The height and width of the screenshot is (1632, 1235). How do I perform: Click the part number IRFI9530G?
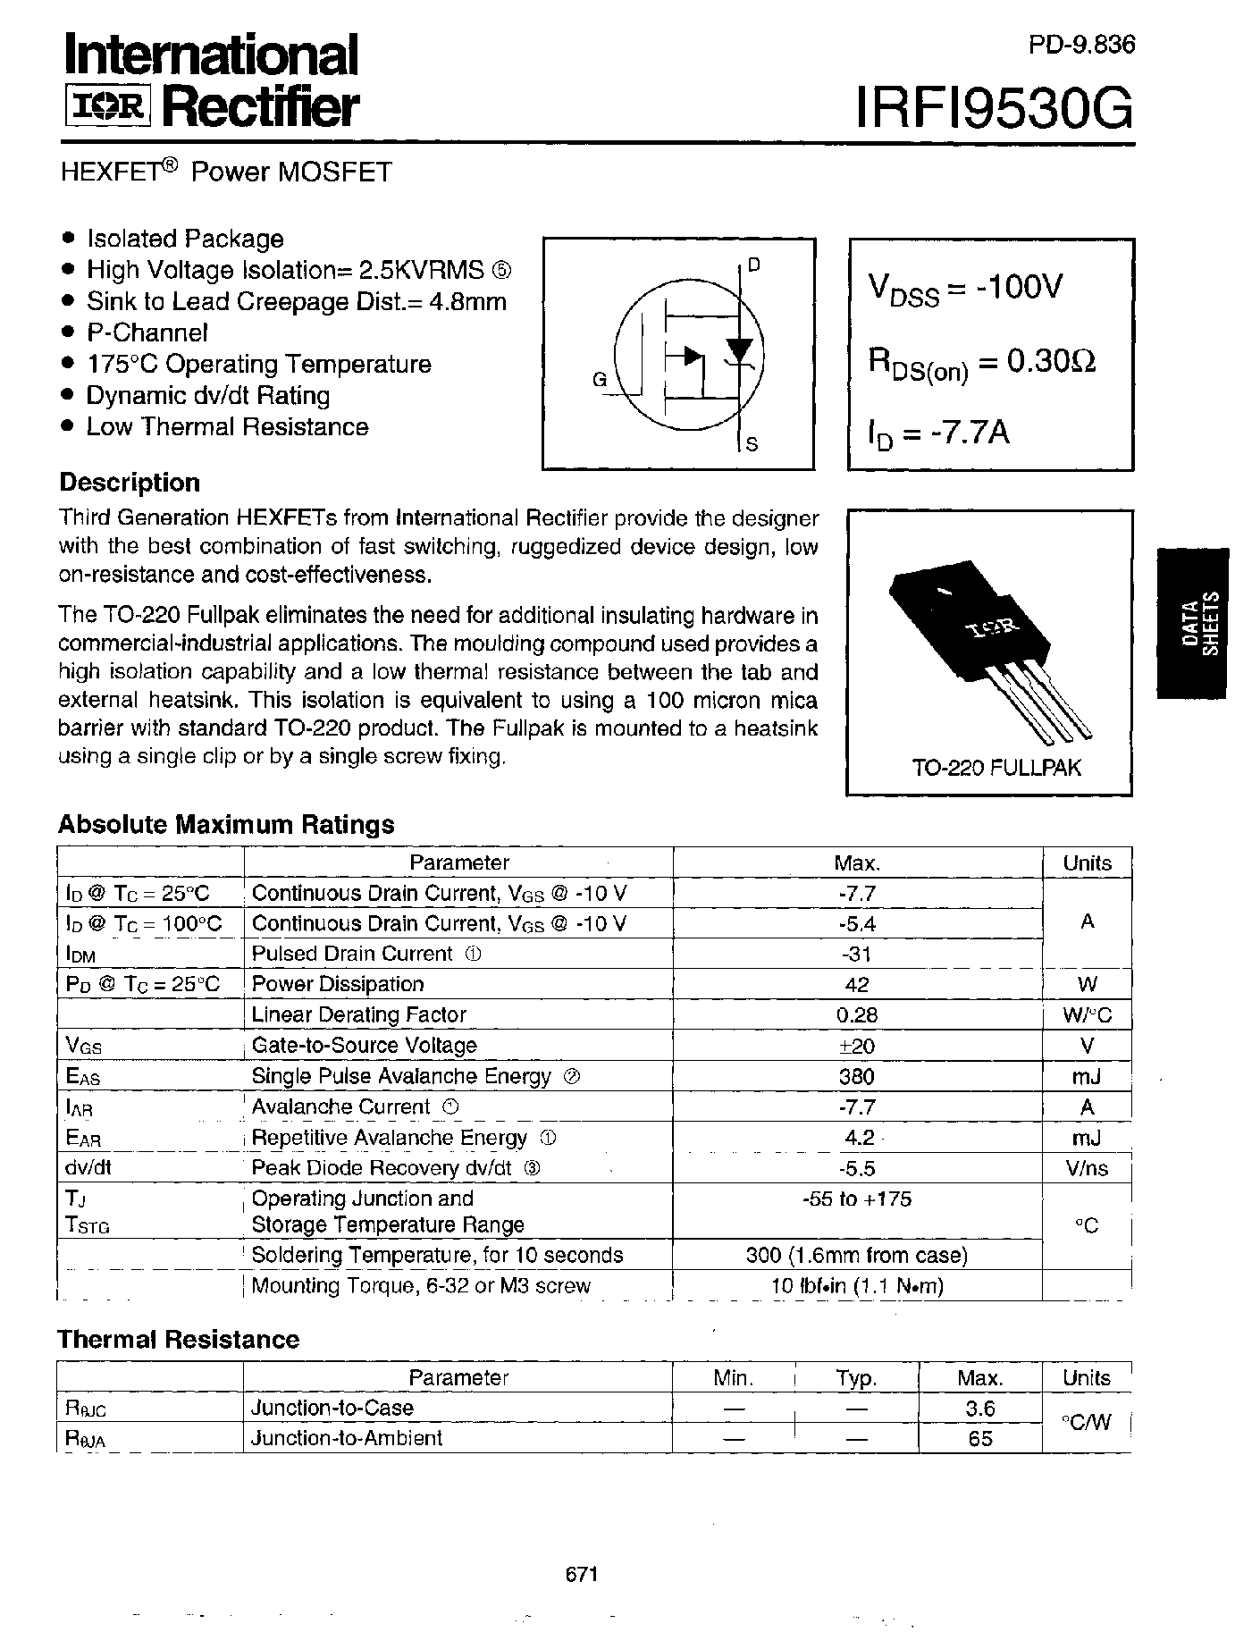coord(994,111)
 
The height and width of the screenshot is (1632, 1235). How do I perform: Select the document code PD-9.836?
coord(1081,45)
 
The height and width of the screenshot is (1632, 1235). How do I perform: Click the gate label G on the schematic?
coord(601,380)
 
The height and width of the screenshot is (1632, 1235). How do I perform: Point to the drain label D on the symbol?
coord(754,265)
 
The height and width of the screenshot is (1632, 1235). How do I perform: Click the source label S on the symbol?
coord(752,444)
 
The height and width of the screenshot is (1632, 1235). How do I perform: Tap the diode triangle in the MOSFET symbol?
coord(738,349)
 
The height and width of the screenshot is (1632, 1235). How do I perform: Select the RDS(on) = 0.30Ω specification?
coord(981,362)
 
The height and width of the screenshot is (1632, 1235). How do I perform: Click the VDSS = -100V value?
coord(965,289)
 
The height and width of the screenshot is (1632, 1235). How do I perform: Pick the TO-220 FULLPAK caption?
coord(996,768)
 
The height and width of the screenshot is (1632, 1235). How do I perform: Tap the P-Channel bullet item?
coord(147,332)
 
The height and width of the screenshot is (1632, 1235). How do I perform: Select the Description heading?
coord(130,483)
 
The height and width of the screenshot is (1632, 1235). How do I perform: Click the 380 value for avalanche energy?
coord(856,1077)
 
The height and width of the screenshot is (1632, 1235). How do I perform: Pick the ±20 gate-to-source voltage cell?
coord(857,1046)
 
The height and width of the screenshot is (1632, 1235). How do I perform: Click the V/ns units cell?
coord(1086,1169)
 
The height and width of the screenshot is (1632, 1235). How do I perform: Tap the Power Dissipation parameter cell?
coord(338,984)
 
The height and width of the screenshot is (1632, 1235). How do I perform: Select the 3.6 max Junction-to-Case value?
coord(979,1409)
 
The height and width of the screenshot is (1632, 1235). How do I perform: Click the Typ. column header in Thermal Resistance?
coord(856,1378)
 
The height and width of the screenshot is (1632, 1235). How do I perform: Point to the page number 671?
coord(581,1575)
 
